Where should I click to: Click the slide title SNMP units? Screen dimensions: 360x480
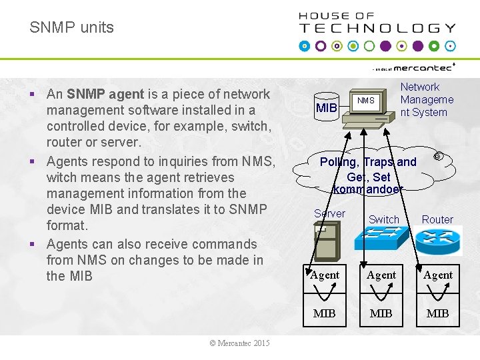[x=71, y=28]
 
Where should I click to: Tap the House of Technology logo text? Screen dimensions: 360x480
[x=377, y=23]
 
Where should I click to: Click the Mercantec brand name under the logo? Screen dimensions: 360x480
[x=423, y=67]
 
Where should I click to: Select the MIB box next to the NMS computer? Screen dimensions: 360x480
[x=327, y=107]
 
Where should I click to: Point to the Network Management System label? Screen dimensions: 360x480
[x=427, y=99]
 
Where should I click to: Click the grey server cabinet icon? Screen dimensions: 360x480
[x=325, y=241]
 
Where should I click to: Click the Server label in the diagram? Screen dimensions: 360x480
[x=329, y=213]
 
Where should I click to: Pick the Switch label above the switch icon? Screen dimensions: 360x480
[x=384, y=219]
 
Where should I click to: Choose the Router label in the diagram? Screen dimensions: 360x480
[x=437, y=219]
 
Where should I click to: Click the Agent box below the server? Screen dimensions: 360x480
[x=325, y=275]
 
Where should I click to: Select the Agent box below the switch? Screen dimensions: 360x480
[x=381, y=275]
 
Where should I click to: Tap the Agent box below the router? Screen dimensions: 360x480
[x=438, y=275]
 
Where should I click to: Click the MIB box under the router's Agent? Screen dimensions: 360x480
[x=438, y=313]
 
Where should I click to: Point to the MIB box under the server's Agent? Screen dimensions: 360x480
[x=325, y=313]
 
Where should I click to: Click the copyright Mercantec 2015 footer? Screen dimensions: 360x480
[x=239, y=343]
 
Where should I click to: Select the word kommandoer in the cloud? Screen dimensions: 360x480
[x=368, y=189]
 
